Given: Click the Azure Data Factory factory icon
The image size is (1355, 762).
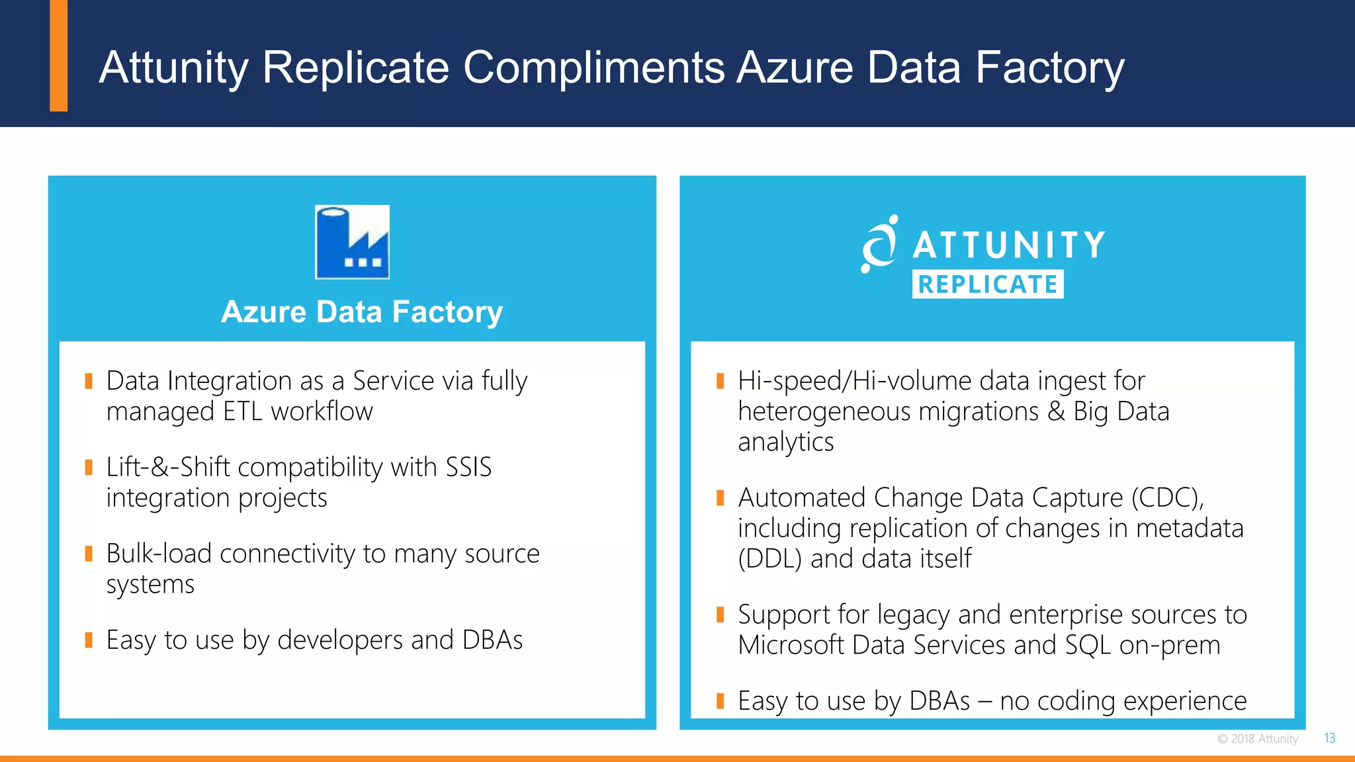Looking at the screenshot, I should pyautogui.click(x=352, y=242).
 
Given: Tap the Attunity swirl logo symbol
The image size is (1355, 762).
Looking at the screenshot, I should pyautogui.click(x=879, y=245).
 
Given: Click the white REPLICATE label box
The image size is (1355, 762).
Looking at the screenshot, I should pyautogui.click(x=987, y=284).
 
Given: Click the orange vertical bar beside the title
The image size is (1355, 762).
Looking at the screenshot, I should pyautogui.click(x=59, y=56).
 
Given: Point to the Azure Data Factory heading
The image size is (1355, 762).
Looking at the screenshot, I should pyautogui.click(x=362, y=312).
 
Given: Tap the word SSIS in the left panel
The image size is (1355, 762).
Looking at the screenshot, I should pyautogui.click(x=468, y=468).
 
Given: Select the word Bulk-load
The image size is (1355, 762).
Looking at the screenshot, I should pyautogui.click(x=159, y=554).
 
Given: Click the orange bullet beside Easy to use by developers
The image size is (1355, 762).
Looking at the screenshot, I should pyautogui.click(x=89, y=640).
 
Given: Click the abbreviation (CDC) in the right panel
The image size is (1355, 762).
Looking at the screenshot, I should pyautogui.click(x=1167, y=498).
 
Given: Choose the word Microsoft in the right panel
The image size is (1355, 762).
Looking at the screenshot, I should pyautogui.click(x=791, y=646).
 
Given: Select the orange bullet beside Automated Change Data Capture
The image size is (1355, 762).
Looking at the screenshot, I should pyautogui.click(x=721, y=497).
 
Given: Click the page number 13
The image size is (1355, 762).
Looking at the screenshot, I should pyautogui.click(x=1329, y=738).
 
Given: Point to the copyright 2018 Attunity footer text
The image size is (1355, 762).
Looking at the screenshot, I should pyautogui.click(x=1258, y=739).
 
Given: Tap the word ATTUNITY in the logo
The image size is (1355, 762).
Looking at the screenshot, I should pyautogui.click(x=1009, y=245).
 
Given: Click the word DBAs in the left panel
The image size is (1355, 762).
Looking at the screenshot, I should pyautogui.click(x=492, y=640).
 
